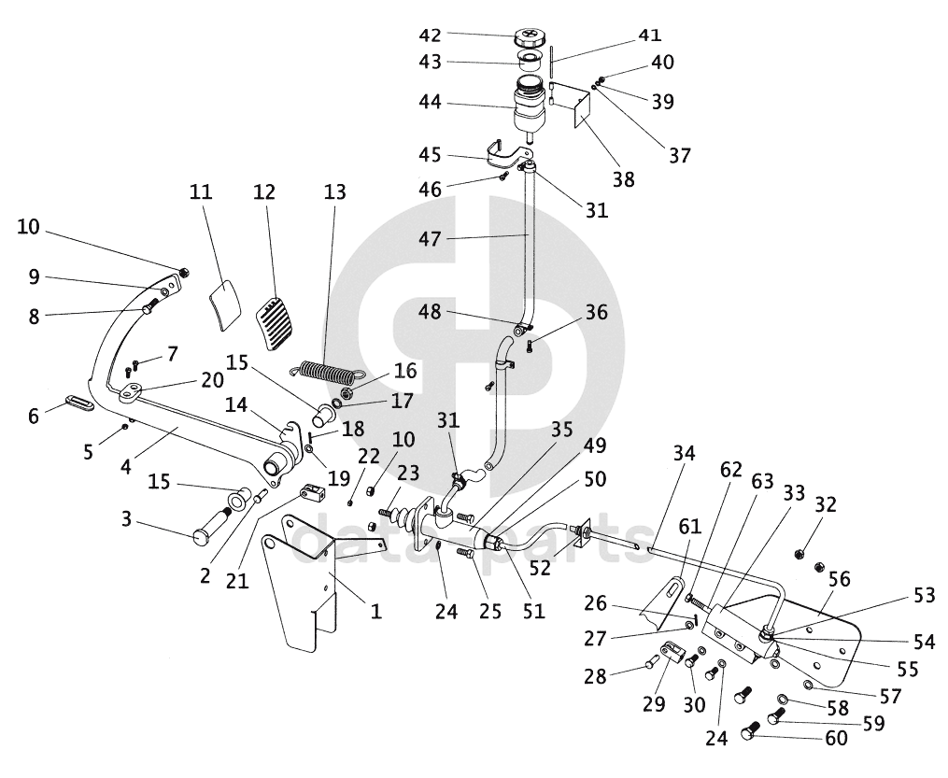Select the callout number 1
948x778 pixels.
tap(375, 612)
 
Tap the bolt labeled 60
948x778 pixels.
tap(753, 734)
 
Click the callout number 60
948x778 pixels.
tap(835, 739)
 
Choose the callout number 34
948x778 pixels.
tap(685, 455)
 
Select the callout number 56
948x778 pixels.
tap(839, 580)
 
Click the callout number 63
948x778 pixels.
tap(762, 481)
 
